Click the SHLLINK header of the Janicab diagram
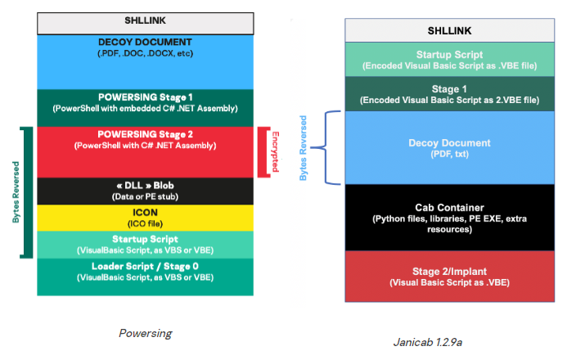coord(449,30)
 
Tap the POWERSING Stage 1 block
coord(144,102)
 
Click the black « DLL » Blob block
coord(144,191)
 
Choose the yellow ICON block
coord(144,217)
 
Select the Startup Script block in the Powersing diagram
coord(144,243)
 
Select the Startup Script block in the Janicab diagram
coord(449,59)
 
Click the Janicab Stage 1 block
coord(449,94)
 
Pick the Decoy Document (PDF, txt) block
coord(449,147)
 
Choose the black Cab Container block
coord(449,218)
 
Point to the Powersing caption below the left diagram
coord(144,333)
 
